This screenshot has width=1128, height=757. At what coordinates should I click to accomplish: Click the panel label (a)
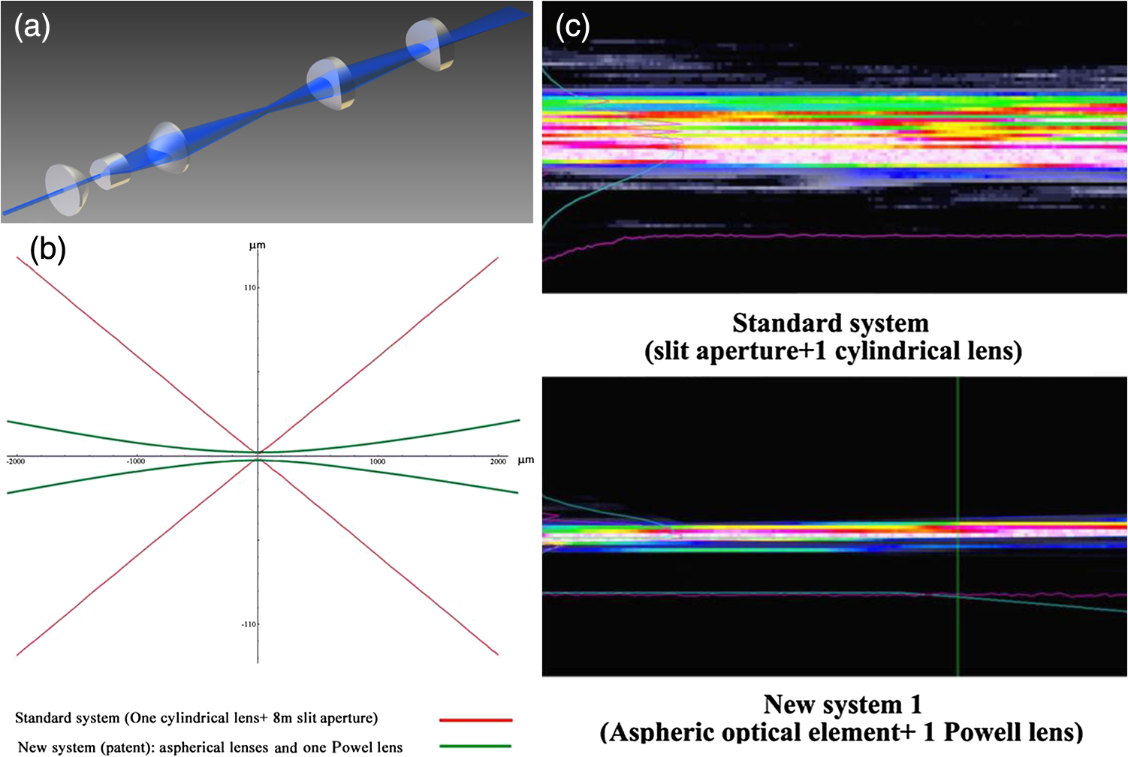[32, 27]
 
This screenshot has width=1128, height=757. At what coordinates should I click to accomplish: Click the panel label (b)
[48, 249]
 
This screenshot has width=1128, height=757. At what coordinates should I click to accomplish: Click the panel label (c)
[572, 27]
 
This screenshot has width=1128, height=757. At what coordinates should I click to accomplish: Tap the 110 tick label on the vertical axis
[250, 287]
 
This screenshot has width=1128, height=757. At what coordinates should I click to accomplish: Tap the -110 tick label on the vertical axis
[249, 624]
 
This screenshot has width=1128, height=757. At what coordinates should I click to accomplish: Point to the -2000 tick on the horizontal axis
[16, 461]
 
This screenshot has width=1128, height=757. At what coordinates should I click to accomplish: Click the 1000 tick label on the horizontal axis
[378, 461]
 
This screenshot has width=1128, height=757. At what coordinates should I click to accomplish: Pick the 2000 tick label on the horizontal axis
[498, 461]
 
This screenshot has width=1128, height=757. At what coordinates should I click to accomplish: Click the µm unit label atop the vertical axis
[258, 245]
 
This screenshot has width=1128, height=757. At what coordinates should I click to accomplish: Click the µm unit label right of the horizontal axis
[526, 460]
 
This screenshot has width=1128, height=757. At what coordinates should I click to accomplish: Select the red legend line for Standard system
[476, 720]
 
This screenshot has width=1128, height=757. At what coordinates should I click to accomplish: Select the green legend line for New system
[475, 746]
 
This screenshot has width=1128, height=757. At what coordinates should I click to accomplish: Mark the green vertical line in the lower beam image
[958, 527]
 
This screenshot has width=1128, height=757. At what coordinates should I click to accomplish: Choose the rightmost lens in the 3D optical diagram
[430, 44]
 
